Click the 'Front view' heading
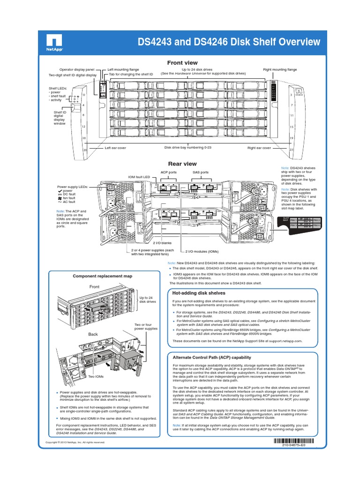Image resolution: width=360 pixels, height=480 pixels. click(x=182, y=63)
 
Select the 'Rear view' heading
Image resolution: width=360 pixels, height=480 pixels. click(x=182, y=164)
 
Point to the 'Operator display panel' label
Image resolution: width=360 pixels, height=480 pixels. click(x=77, y=69)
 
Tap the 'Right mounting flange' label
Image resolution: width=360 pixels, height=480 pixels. click(x=280, y=69)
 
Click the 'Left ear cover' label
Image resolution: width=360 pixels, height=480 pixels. click(x=115, y=148)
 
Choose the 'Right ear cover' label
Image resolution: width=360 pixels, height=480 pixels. click(x=259, y=148)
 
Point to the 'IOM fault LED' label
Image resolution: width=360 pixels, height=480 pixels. click(x=139, y=177)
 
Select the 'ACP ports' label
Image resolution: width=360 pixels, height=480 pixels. click(x=168, y=172)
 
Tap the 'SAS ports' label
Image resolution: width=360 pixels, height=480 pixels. click(x=201, y=172)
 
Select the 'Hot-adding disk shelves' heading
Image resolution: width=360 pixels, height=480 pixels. click(x=199, y=293)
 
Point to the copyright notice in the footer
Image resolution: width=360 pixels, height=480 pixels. click(x=75, y=442)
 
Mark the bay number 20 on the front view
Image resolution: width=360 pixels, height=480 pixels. click(x=85, y=150)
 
